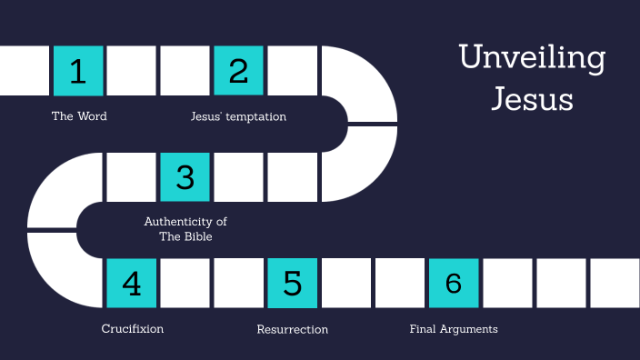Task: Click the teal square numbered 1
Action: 78,70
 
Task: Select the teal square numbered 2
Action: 239,70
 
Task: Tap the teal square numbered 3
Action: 185,176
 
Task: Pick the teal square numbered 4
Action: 132,283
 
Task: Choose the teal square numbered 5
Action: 293,283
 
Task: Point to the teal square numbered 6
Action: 454,283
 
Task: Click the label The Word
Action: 79,116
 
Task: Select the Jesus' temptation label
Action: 238,116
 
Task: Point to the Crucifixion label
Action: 133,329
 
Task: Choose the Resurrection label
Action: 293,329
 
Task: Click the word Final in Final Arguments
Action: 425,329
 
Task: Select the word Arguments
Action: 470,329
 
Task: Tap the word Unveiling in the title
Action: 532,57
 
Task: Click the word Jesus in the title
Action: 532,98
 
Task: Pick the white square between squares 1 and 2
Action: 132,70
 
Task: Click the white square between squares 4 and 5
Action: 185,283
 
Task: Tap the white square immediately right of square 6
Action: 507,283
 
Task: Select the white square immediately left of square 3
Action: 132,176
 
